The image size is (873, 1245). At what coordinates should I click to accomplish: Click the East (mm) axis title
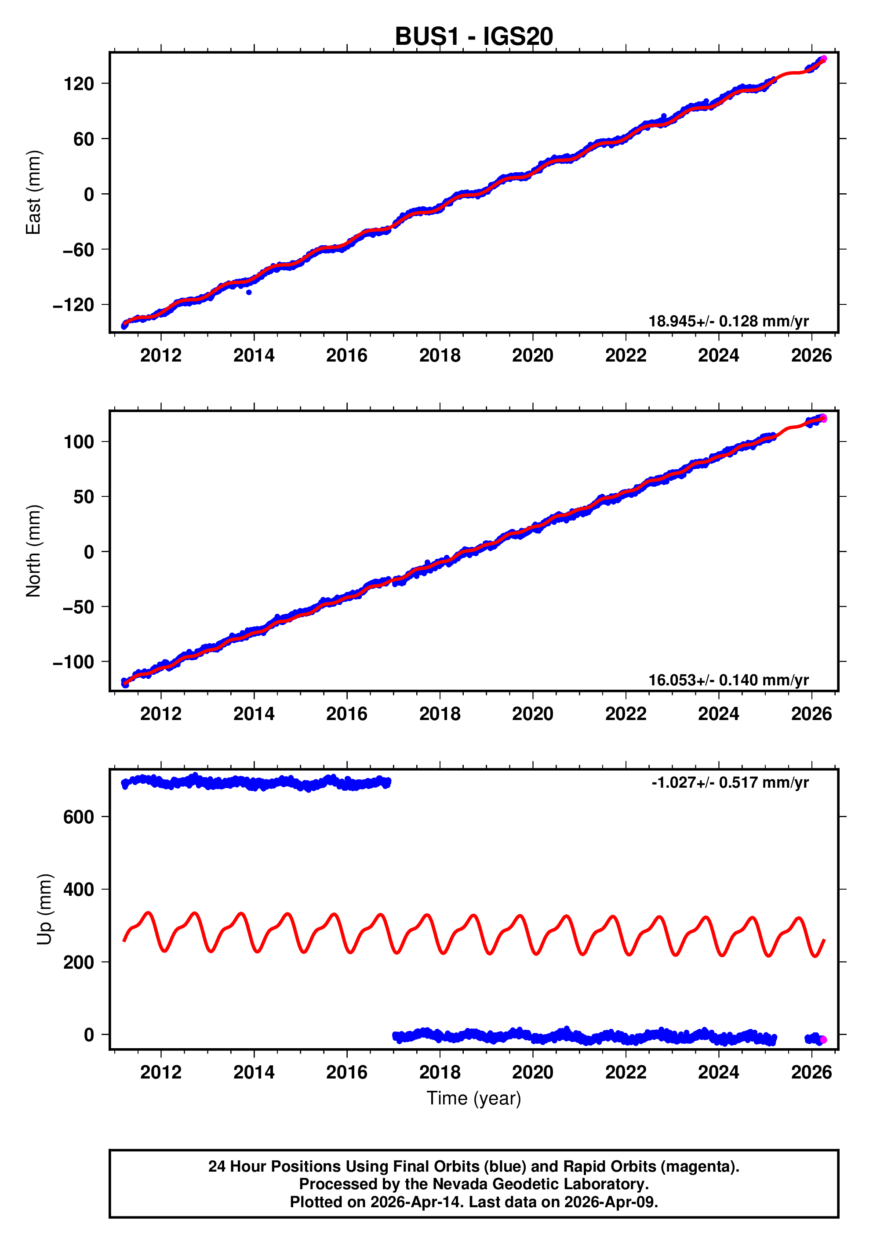click(34, 192)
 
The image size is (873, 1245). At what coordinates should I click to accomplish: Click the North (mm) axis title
click(34, 551)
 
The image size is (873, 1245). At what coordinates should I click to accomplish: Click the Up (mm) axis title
click(44, 909)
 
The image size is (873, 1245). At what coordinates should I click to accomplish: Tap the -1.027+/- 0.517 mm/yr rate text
click(730, 782)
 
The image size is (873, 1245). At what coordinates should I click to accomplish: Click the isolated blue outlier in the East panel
click(248, 292)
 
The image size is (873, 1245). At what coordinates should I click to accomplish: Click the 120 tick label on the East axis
click(79, 83)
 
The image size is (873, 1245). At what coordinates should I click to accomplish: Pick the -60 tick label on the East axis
click(79, 250)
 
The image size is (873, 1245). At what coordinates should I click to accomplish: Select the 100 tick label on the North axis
click(79, 442)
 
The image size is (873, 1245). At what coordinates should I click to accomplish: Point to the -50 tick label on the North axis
click(79, 607)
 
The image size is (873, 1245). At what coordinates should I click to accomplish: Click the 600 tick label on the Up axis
click(79, 817)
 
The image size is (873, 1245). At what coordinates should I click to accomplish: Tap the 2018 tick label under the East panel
click(440, 356)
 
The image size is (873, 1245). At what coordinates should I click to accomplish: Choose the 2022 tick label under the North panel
click(625, 714)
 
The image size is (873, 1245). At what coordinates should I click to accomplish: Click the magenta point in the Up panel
click(822, 1039)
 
